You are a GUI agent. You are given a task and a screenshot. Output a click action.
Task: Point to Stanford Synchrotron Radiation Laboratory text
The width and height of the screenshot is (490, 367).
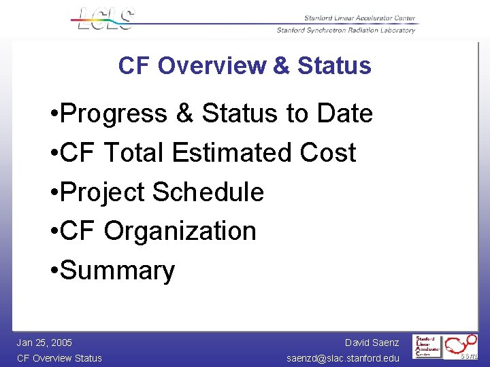(x=346, y=30)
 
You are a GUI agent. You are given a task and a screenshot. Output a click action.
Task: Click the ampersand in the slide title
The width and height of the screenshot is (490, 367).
(x=282, y=66)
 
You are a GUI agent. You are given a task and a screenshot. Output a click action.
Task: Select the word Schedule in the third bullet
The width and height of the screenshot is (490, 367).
(x=208, y=192)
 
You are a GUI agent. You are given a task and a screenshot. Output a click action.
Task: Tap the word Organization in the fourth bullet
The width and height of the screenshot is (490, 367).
(x=180, y=232)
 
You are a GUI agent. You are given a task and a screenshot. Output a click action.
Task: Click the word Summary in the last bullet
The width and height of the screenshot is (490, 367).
(x=118, y=271)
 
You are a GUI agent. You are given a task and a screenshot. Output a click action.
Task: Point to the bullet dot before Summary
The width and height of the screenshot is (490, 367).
(x=54, y=271)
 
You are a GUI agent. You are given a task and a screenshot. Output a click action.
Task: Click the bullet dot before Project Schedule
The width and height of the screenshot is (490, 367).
(x=54, y=192)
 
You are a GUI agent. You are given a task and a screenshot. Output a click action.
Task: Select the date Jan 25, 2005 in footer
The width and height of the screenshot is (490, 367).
(x=44, y=343)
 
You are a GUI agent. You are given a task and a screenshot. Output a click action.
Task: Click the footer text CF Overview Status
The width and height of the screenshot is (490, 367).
(x=59, y=358)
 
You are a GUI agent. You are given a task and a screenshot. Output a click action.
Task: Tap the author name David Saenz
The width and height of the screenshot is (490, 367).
(x=372, y=343)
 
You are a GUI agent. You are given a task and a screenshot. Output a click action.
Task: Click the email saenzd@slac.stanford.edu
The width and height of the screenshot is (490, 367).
(x=343, y=358)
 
